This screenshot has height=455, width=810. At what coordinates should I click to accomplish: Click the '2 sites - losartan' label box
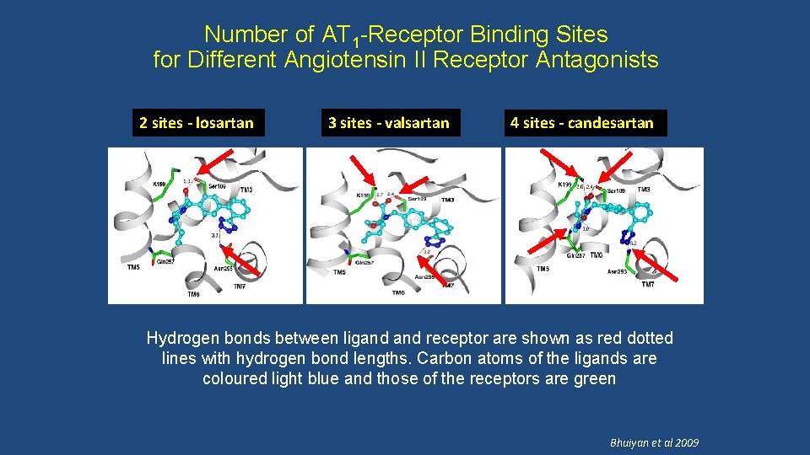[196, 123]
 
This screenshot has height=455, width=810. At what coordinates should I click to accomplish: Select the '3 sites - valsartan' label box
[388, 123]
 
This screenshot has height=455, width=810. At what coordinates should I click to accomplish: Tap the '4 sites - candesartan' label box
[581, 123]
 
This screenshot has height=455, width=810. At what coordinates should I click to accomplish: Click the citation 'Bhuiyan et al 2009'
[655, 442]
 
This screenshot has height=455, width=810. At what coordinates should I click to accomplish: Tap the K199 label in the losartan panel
[159, 184]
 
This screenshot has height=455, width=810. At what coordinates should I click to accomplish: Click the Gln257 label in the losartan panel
[166, 262]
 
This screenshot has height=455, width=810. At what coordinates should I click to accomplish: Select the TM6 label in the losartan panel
[194, 294]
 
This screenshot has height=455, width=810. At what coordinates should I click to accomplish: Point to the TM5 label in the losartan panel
[133, 268]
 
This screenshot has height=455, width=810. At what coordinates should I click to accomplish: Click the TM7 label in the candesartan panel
[647, 285]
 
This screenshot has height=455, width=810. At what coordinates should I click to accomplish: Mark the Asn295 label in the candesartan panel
[618, 271]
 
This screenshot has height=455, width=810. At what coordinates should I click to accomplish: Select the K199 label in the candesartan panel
[564, 184]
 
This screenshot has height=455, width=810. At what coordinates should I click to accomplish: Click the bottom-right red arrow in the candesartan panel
[664, 268]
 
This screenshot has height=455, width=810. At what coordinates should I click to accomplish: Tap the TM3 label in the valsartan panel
[447, 200]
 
